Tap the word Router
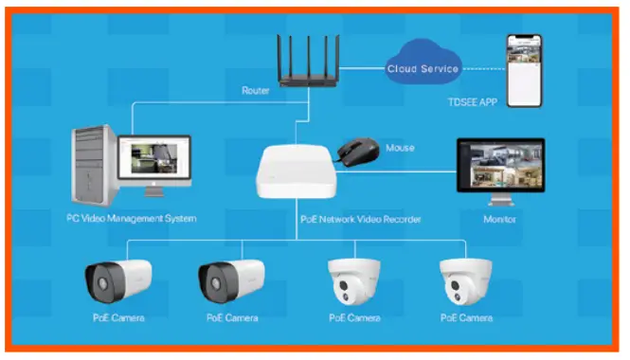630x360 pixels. coord(256,91)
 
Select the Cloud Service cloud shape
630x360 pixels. coord(423,67)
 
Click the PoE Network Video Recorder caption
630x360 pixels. coord(352,219)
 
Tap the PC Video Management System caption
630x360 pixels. coord(125,219)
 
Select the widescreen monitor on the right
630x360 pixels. coord(499,164)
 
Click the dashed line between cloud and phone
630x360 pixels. coord(482,68)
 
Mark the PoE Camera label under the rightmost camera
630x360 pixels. coord(466,317)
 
